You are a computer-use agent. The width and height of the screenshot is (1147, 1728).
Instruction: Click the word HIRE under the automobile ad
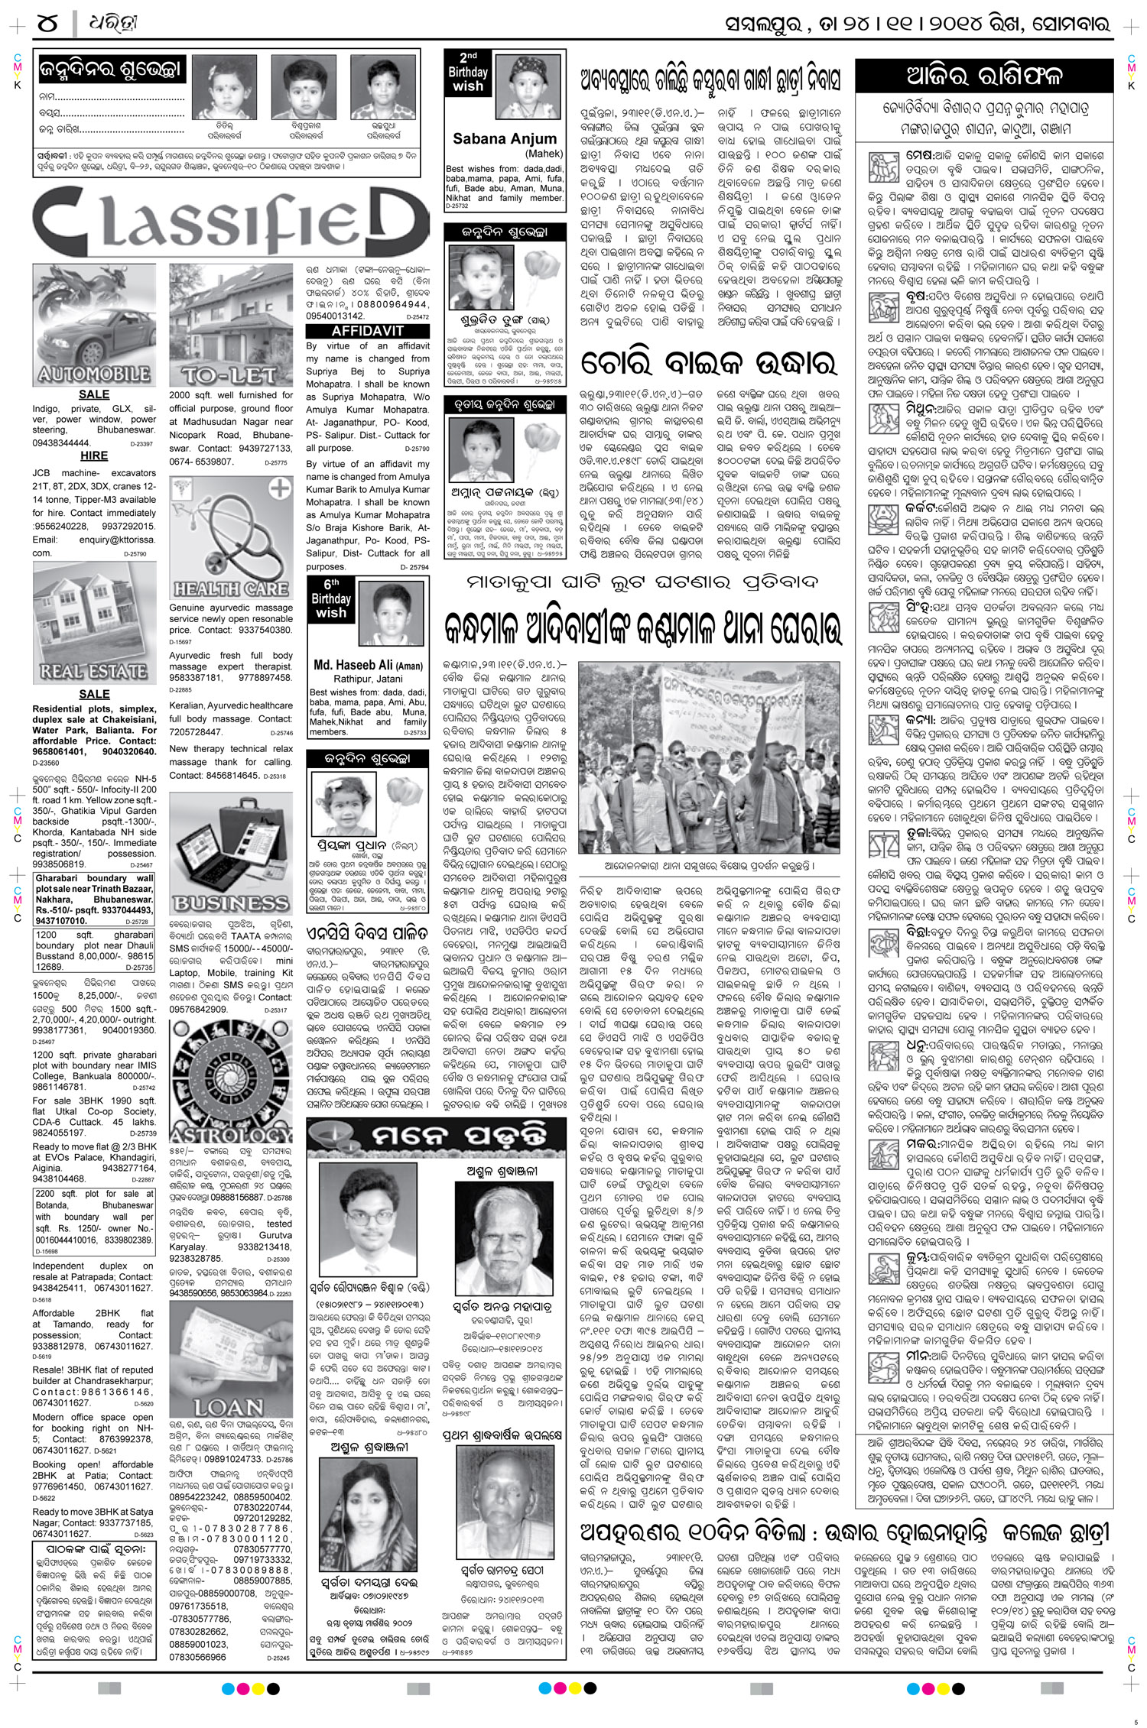pos(94,456)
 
